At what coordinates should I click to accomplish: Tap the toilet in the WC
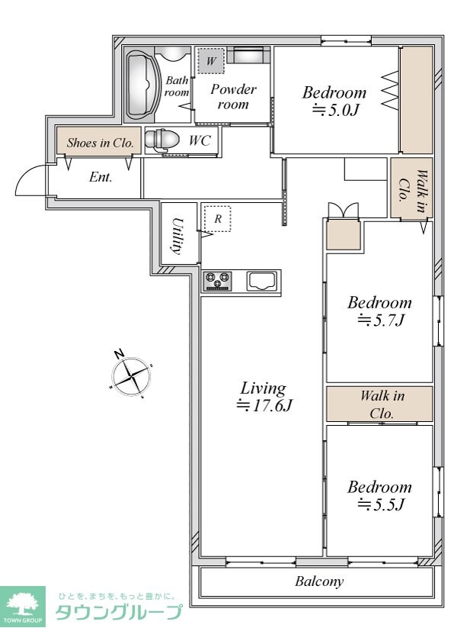point(161,140)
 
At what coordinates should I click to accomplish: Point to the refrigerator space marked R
point(217,219)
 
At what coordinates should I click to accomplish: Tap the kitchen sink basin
point(262,281)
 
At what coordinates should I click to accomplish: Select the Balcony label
point(318,581)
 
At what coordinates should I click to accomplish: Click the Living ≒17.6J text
point(264,397)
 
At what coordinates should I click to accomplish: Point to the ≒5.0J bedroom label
point(334,101)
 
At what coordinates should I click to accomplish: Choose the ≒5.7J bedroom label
point(379,311)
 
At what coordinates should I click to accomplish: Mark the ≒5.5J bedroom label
point(379,495)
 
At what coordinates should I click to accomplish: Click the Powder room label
point(233,96)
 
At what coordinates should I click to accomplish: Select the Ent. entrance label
point(101,177)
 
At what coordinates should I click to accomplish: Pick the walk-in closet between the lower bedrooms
point(380,404)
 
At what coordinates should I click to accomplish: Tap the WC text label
point(200,141)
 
